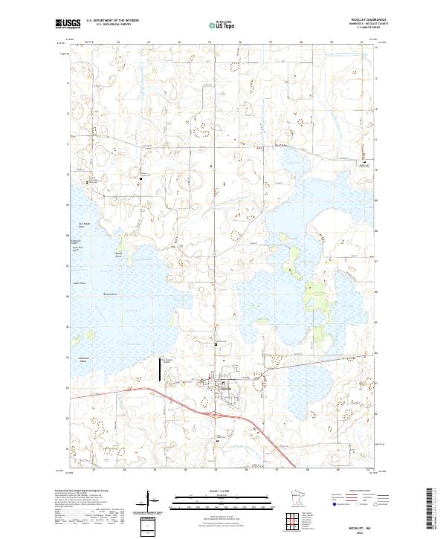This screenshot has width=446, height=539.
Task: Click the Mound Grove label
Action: pyautogui.click(x=117, y=255)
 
